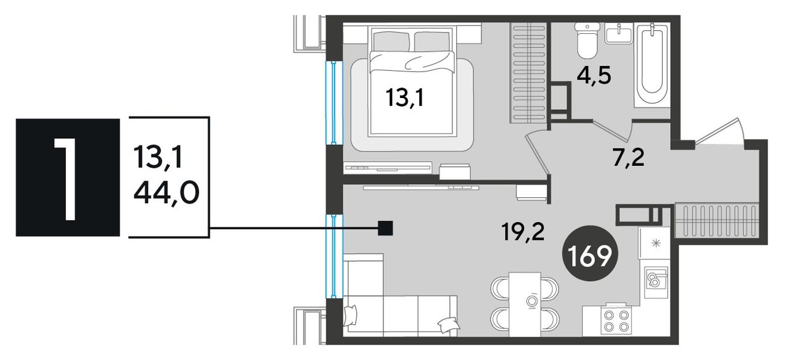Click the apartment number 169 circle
point(590,253)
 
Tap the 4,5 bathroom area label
point(594,76)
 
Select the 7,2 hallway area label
point(629,158)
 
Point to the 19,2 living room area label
point(523,232)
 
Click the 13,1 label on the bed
point(405,98)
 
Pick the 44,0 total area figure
point(166,194)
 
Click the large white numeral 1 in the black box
point(66,179)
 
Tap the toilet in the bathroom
point(587,40)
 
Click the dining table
point(525,304)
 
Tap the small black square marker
point(385,228)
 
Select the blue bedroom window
point(333,102)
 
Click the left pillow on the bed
point(391,41)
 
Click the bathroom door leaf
point(612,129)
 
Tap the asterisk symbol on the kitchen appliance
point(656,243)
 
